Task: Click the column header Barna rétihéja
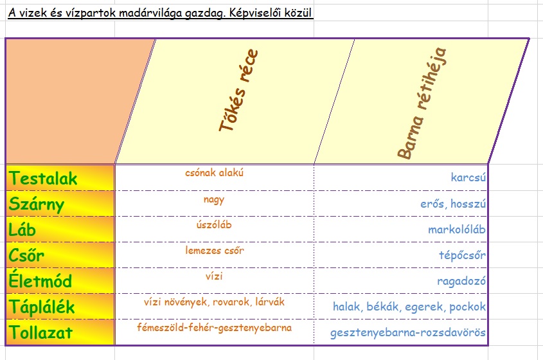coord(422,102)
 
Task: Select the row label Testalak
coord(44,178)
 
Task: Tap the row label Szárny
coord(37,204)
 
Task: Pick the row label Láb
coord(23,230)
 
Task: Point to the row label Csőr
coord(27,255)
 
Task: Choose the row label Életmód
coord(40,281)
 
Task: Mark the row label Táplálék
coord(42,307)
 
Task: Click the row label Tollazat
coord(41,332)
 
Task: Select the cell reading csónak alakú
coord(215,172)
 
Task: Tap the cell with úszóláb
coord(214,225)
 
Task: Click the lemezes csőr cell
coord(214,251)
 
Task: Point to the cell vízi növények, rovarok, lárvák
coord(214,301)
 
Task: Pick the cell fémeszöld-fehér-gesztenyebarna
coord(214,328)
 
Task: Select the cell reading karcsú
coord(468,177)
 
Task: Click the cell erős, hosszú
coord(449,204)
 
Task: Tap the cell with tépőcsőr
coord(461,255)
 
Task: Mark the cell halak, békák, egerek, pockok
coord(409,307)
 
